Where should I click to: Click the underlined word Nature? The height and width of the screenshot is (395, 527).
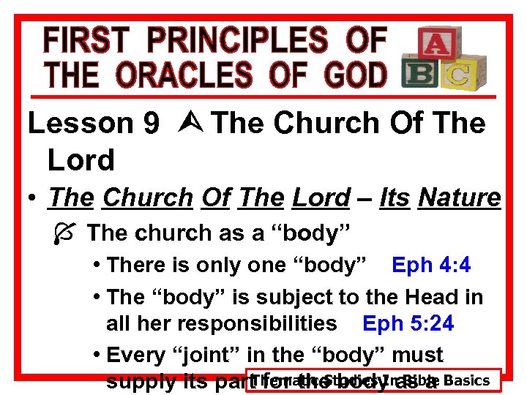(459, 197)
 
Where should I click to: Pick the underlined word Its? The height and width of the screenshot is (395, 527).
(394, 197)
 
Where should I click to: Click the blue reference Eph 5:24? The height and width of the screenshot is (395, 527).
(408, 323)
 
